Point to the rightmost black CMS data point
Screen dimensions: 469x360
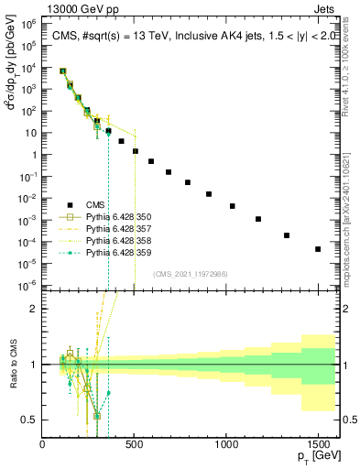coord(318,249)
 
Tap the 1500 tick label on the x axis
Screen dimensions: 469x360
coord(318,444)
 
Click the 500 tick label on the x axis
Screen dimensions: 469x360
coord(135,444)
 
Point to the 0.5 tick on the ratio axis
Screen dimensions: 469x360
coord(31,420)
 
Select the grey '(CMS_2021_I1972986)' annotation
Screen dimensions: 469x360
coord(197,273)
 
